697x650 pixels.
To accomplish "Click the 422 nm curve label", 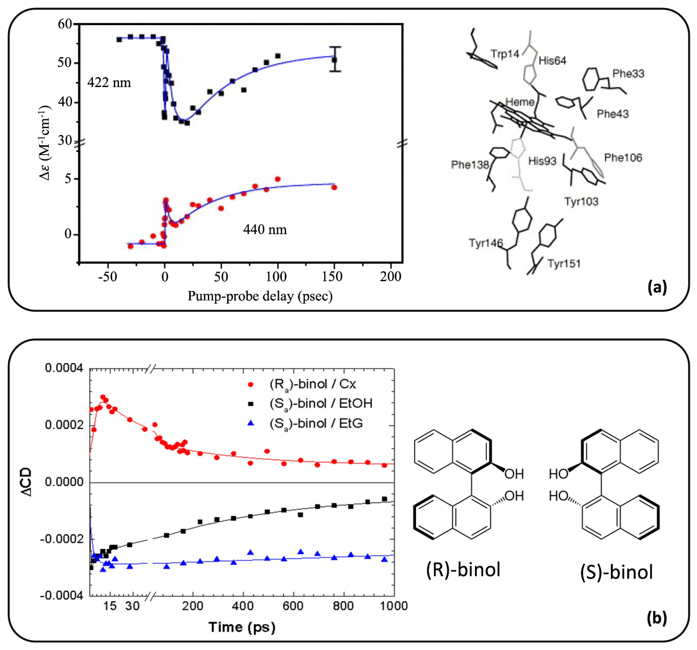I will click(x=109, y=83).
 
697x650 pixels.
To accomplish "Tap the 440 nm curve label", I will click(x=265, y=230).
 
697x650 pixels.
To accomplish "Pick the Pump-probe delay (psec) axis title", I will click(x=260, y=296).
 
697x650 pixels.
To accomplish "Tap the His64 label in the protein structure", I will click(x=552, y=61).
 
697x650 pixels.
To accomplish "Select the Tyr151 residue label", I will click(x=564, y=264).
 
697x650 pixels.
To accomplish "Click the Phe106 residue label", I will click(x=623, y=158).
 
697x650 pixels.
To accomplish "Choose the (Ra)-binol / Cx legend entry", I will click(x=312, y=384).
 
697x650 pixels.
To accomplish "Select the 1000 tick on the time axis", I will click(x=393, y=606).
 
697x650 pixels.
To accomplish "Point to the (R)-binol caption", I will click(x=463, y=569).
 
